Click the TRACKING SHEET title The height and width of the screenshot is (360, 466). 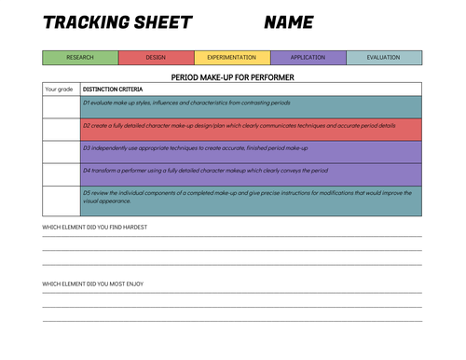(x=117, y=23)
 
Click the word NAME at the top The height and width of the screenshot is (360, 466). (x=288, y=23)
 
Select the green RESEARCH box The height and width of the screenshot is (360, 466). (x=80, y=58)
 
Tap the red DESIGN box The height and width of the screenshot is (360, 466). (x=157, y=58)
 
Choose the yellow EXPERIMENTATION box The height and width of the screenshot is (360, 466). (x=232, y=58)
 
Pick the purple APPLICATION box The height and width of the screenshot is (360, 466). (x=308, y=58)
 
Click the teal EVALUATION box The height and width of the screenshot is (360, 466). (x=383, y=58)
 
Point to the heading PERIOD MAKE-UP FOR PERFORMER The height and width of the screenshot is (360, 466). (x=232, y=76)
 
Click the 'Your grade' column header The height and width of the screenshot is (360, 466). (x=60, y=90)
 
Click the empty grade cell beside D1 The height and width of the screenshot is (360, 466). (x=61, y=105)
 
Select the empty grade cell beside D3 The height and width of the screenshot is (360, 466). (x=61, y=151)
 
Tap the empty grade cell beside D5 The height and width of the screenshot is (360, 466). (x=61, y=200)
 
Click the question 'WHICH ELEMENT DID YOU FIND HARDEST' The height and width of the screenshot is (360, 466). (x=94, y=228)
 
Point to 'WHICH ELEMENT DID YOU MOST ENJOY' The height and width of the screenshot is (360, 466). (x=92, y=284)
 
